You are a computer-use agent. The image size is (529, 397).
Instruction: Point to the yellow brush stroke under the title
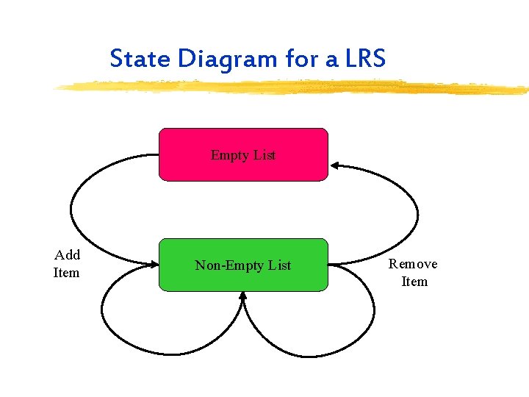click(x=294, y=87)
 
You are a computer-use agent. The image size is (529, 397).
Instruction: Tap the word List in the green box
click(x=279, y=265)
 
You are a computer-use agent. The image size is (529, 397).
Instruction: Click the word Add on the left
click(x=68, y=255)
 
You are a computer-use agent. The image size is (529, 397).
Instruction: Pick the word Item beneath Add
click(x=66, y=273)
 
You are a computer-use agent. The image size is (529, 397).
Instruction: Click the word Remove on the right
click(x=413, y=264)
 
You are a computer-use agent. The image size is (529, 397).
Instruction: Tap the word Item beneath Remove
click(x=414, y=282)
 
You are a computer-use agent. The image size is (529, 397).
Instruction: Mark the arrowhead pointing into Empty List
click(x=334, y=165)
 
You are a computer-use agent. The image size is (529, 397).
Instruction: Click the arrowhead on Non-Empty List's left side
click(x=155, y=265)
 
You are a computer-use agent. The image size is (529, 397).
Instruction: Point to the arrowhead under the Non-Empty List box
click(x=243, y=296)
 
